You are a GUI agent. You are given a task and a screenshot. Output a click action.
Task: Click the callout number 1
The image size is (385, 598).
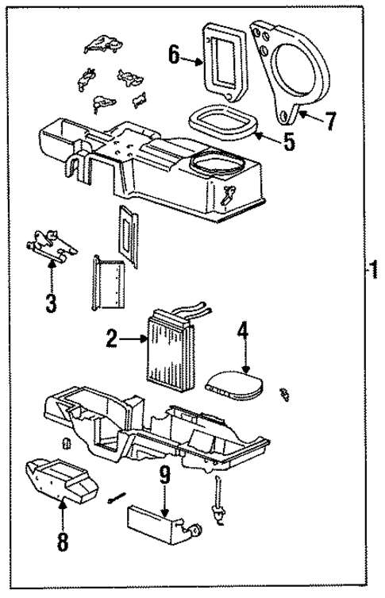(373, 271)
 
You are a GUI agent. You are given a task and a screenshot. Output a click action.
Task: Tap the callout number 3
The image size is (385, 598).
(52, 302)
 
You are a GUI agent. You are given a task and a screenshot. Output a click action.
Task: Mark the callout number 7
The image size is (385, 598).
(329, 122)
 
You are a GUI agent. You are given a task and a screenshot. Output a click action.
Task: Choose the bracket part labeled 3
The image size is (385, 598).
(51, 243)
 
